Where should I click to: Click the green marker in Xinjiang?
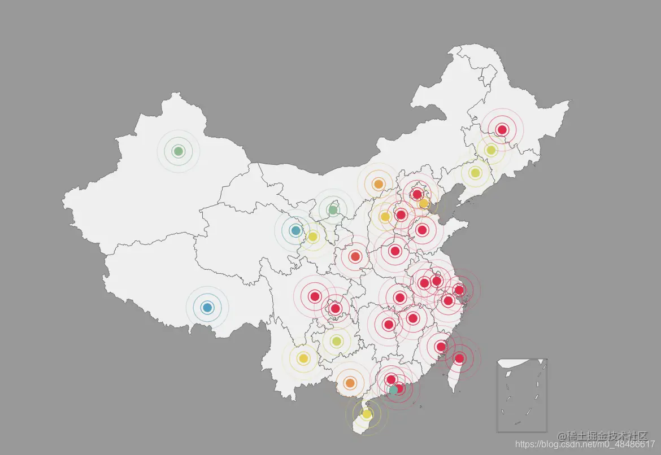coord(179,151)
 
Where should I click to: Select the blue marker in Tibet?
coord(207,308)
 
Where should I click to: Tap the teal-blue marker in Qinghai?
coord(295,230)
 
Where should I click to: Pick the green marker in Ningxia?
coord(333,210)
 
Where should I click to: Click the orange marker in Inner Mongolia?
coord(379,184)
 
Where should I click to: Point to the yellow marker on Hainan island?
coord(367,414)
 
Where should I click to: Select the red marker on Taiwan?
coord(459,358)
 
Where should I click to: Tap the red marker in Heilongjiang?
coord(502,130)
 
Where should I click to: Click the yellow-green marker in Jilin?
coord(490,150)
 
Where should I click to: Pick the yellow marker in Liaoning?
coord(475,173)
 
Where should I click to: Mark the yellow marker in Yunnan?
coord(303,358)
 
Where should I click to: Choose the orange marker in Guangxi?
coord(350,383)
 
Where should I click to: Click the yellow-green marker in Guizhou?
coord(336,341)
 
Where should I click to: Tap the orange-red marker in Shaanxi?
coord(355,257)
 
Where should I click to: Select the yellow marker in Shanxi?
coord(385,216)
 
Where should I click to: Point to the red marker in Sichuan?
coord(315,296)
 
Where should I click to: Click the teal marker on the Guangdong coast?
coord(393,390)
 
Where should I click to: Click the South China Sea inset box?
coord(522,396)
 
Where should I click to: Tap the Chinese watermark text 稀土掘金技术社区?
coord(602,436)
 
